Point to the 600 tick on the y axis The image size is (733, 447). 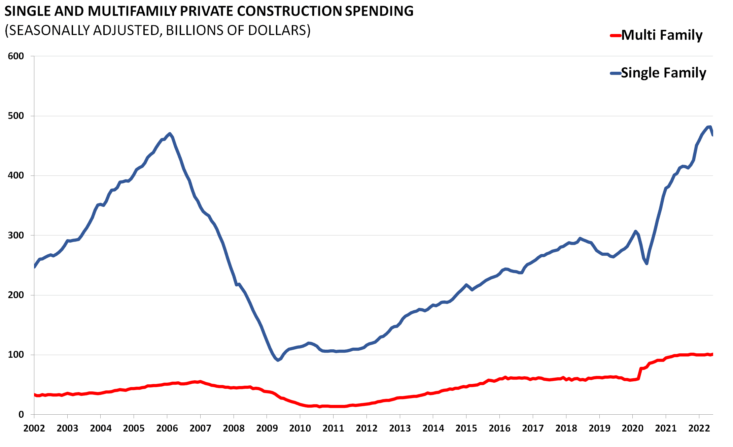tap(16, 56)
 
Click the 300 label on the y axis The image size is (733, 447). tap(16, 235)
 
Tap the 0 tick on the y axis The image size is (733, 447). tap(21, 415)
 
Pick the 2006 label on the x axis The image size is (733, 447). tap(167, 428)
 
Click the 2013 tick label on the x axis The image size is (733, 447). tap(400, 428)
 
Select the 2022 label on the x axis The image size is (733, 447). tap(699, 428)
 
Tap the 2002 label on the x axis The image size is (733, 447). tap(34, 428)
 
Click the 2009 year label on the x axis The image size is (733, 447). tap(267, 428)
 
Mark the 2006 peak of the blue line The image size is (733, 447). tap(170, 134)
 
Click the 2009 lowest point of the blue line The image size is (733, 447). tap(278, 360)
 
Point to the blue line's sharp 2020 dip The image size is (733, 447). tap(647, 263)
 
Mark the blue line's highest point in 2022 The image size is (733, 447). tap(709, 127)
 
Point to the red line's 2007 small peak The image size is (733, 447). tap(200, 382)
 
